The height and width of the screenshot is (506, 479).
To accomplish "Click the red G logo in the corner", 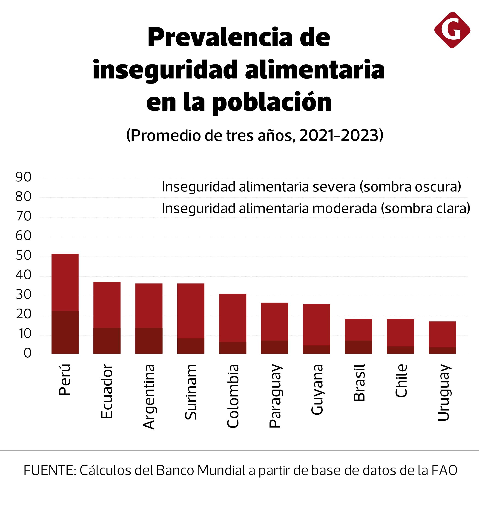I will pos(452,30).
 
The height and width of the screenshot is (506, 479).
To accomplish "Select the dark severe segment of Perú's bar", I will pos(65,332).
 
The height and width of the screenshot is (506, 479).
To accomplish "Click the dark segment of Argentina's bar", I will pos(149,341).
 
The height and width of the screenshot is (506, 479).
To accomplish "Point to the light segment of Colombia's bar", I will pos(233,318).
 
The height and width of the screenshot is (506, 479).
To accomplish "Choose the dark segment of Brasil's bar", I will pos(358,347).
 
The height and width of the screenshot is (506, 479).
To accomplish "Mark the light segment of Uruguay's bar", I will pos(442,334).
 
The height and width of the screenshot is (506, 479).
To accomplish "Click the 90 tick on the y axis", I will pos(23,177).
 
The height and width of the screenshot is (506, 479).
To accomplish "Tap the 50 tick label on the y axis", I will pos(23,256).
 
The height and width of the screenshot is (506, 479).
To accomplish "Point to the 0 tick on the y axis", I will pos(27,353).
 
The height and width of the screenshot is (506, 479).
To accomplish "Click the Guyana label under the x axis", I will pos(317,390).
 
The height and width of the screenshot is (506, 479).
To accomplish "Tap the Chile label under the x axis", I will pos(401,381).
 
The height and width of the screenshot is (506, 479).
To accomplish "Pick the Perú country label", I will pos(64,380).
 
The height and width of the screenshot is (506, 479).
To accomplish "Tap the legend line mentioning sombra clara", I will pos(316,208).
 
